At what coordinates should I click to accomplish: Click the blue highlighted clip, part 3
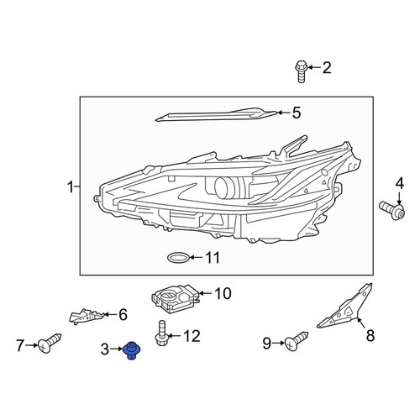(x=131, y=350)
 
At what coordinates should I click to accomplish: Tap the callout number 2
(x=327, y=68)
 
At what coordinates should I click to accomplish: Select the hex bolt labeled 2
(x=302, y=71)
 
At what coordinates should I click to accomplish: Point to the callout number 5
(x=297, y=113)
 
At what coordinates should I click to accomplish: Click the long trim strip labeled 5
(x=216, y=115)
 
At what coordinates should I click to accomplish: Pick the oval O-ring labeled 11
(x=178, y=258)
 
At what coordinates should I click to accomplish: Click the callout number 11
(x=213, y=258)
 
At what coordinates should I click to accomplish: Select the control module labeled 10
(x=176, y=299)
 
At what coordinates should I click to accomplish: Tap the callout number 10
(x=223, y=293)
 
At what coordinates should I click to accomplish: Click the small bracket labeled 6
(x=87, y=317)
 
